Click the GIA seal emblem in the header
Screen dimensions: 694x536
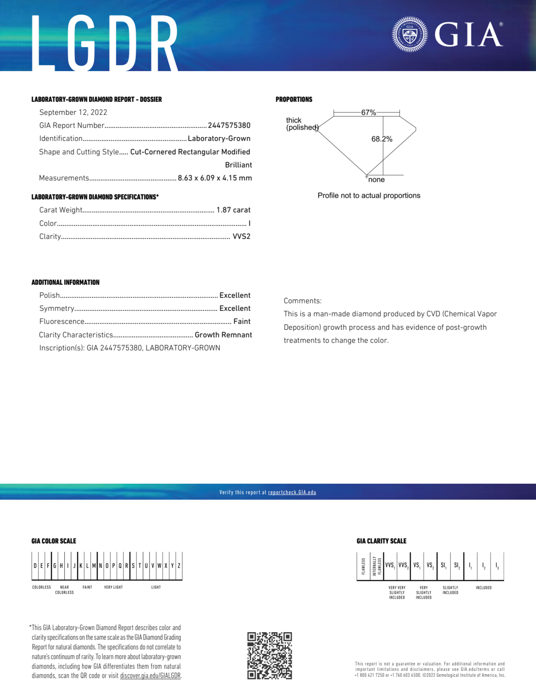pos(410,34)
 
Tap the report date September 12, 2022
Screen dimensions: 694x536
pos(73,113)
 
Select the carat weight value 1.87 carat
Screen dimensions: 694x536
pos(233,210)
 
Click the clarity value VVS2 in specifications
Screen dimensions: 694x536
pos(241,236)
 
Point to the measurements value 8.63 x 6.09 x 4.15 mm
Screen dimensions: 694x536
pos(215,178)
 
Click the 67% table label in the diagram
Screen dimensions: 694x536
pos(368,113)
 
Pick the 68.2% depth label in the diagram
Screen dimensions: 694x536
pos(382,139)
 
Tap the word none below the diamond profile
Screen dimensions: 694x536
pos(377,180)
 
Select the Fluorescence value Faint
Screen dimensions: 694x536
pos(242,322)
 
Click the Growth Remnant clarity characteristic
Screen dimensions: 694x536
pos(223,335)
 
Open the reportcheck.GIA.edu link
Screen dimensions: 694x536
pos(292,492)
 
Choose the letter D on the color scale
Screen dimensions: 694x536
pos(35,566)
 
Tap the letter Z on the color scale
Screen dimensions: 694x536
pos(179,566)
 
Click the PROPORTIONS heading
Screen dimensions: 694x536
pos(294,99)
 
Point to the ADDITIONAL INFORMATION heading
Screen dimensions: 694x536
pos(65,282)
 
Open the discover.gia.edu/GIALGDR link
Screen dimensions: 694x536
pos(150,676)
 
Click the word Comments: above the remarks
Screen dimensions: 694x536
pos(302,301)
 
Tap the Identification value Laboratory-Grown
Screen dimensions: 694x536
pos(219,139)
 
